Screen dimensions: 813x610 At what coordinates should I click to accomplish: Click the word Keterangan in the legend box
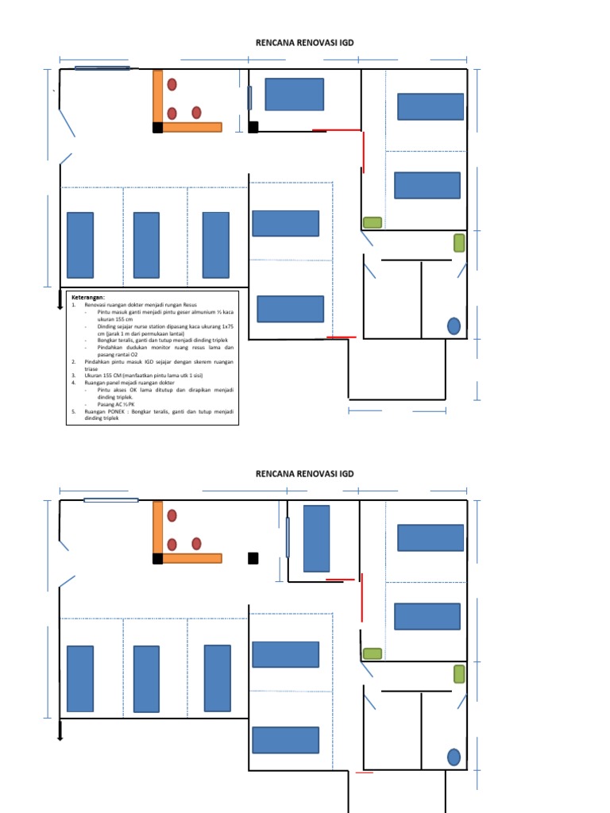pyautogui.click(x=87, y=297)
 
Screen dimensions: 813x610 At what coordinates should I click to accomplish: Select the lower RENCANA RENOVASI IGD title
pyautogui.click(x=304, y=474)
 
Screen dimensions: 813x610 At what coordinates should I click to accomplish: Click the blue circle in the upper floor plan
pyautogui.click(x=454, y=326)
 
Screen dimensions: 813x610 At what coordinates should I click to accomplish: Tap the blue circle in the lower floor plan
pyautogui.click(x=454, y=757)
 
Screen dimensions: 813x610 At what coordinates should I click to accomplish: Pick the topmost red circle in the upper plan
pyautogui.click(x=172, y=84)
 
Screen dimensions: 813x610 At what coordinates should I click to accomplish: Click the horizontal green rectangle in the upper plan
pyautogui.click(x=372, y=222)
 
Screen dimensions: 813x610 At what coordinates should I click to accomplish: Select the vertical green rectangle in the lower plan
pyautogui.click(x=459, y=674)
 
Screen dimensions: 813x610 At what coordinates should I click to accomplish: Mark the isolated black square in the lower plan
pyautogui.click(x=253, y=557)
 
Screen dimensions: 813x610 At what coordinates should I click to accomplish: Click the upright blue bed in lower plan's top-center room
pyautogui.click(x=316, y=538)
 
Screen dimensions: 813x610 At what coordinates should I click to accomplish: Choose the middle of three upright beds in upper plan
pyautogui.click(x=146, y=245)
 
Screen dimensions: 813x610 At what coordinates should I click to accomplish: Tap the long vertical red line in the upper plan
pyautogui.click(x=364, y=152)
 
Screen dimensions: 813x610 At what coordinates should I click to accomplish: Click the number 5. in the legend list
pyautogui.click(x=73, y=412)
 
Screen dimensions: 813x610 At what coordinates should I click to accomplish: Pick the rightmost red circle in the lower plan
pyautogui.click(x=196, y=544)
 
